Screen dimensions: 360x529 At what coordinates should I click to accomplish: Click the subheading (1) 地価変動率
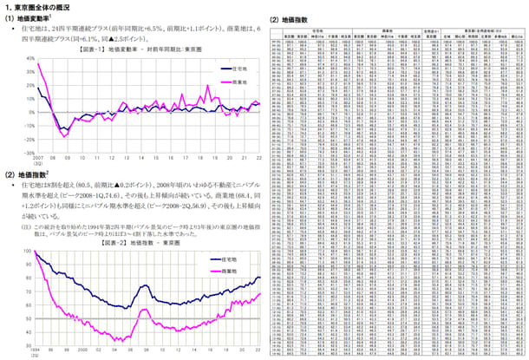tap(29, 17)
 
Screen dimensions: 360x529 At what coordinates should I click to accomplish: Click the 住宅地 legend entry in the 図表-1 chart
tap(242, 66)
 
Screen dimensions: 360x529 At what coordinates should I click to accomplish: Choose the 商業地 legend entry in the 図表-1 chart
tap(242, 81)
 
